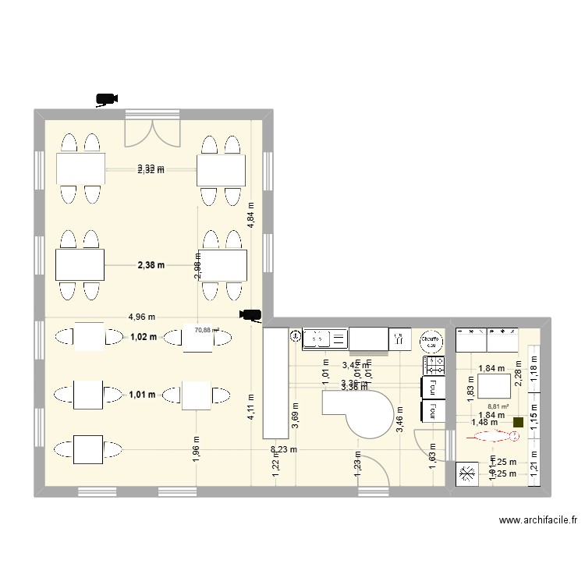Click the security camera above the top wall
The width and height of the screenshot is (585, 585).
[106, 99]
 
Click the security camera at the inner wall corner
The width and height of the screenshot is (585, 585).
[250, 316]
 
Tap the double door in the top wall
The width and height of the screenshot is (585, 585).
[152, 133]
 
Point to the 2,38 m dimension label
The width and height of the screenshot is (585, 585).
[151, 265]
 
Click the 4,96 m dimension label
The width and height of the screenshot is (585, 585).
[142, 317]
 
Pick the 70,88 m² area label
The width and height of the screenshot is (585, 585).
[207, 330]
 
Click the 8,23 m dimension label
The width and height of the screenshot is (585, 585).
[283, 449]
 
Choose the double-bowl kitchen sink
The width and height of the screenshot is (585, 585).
[325, 338]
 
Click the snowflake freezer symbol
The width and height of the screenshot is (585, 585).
[467, 473]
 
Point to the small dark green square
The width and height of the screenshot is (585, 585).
[518, 423]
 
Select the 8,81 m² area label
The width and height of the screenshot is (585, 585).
[497, 406]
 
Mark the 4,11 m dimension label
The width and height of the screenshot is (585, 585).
[250, 408]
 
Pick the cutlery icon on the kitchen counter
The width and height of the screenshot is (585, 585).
[400, 339]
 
